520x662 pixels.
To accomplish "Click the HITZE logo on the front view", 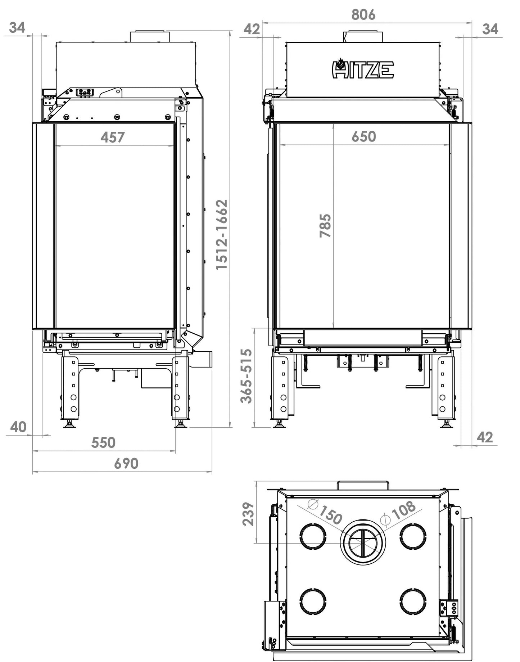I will point(362,68).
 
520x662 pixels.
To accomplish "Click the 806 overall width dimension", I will point(363,15).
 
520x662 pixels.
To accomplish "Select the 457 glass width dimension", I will point(113,137).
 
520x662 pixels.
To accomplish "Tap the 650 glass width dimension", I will point(364,136).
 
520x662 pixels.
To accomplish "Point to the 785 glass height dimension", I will point(325,226).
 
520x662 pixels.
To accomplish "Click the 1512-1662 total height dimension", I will point(222,234).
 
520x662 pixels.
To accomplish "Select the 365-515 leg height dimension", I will point(247,376).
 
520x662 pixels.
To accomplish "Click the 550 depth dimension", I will point(103,442).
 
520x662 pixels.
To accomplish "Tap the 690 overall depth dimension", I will point(126,464).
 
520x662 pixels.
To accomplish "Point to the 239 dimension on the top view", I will point(248,514).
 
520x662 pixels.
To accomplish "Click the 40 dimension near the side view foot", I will point(18,427).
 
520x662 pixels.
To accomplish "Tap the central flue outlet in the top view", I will point(363,541).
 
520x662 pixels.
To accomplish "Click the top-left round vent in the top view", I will point(313,536).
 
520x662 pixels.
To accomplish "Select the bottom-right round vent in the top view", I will point(413,602).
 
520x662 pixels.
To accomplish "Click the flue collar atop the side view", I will point(150,36).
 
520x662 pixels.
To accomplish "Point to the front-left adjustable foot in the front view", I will point(279,424).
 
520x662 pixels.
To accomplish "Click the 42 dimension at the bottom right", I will point(485,437).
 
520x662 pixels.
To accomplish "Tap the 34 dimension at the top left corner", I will point(17,27).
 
